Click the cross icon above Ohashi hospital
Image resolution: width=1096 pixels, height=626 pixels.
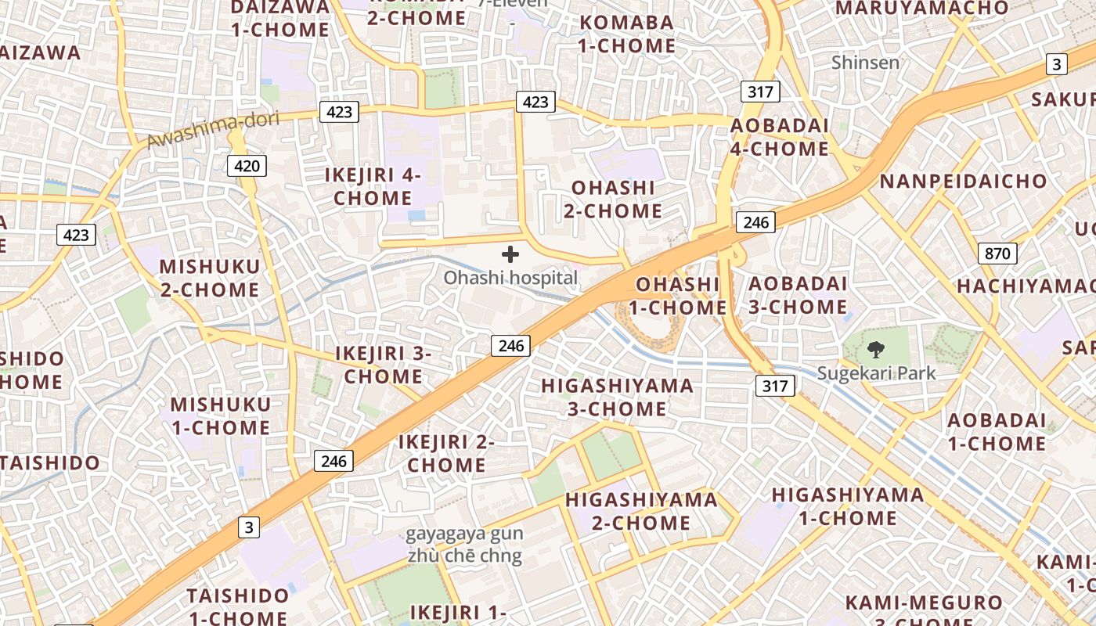pos(510,254)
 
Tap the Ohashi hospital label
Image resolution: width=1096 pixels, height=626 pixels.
pos(510,278)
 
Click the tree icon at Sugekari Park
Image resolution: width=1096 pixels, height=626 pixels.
pos(876,350)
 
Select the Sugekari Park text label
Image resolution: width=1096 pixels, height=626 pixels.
pos(876,373)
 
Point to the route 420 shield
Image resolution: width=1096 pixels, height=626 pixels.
pos(247,166)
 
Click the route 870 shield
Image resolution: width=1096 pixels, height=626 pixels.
pos(997,254)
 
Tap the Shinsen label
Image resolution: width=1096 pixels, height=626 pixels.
pos(865,63)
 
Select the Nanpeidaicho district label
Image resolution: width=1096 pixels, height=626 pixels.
pos(963,182)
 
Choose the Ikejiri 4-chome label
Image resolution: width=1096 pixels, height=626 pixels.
pos(373,186)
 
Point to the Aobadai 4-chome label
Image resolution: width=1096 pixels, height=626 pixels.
pos(779,137)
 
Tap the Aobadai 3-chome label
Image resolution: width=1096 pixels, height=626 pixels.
pos(797,295)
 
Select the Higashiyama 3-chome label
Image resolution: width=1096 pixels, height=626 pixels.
pos(617,397)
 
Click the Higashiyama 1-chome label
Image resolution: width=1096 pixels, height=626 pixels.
pos(848,506)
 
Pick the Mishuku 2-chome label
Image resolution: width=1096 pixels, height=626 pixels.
pos(210,278)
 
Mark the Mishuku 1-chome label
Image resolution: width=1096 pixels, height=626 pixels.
pos(220,416)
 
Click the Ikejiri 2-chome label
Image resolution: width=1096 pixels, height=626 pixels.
pos(446,453)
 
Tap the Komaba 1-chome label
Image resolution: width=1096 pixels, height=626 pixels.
pos(626,34)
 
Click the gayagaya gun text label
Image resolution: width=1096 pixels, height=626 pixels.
pos(464,535)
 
